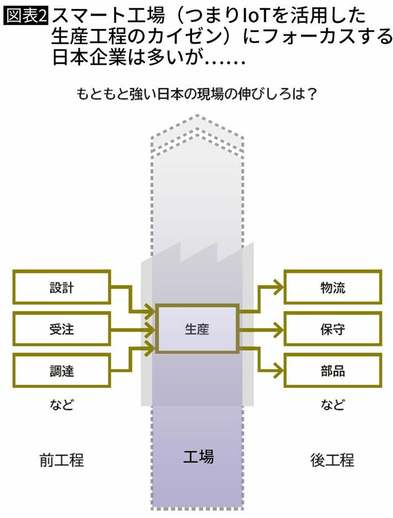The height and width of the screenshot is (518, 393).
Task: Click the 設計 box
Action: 61,288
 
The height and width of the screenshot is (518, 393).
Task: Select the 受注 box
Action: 61,329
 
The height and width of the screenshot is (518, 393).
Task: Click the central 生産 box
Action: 197,329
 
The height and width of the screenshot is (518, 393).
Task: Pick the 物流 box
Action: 333,288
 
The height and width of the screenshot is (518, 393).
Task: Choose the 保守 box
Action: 333,329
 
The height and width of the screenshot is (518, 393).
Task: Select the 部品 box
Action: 333,370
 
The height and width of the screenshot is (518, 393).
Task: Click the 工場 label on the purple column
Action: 198,457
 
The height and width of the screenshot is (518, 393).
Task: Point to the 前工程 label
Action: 61,459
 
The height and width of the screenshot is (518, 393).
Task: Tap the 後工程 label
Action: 333,459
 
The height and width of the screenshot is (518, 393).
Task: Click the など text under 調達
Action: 61,405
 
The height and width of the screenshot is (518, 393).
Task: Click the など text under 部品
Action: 333,405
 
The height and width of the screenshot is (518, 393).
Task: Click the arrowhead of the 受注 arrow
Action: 151,329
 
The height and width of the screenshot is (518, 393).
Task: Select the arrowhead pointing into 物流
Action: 279,288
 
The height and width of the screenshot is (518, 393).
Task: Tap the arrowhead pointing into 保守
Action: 279,329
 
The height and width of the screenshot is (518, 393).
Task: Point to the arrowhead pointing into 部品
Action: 279,370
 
